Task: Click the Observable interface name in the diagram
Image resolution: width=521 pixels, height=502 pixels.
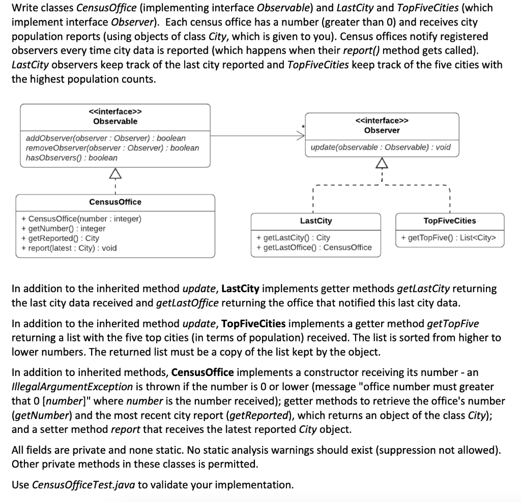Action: [x=115, y=121]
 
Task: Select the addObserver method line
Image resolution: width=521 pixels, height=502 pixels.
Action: [x=106, y=138]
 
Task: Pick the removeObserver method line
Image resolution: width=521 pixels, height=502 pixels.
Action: [x=112, y=148]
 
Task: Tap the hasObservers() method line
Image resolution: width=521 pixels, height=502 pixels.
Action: [x=71, y=158]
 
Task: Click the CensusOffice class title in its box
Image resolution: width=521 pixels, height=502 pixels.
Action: [x=115, y=202]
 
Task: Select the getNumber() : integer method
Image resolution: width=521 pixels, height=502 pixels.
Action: [x=64, y=229]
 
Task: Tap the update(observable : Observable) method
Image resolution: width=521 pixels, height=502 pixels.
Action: [x=381, y=147]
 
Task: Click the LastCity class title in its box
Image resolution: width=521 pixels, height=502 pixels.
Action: [x=315, y=221]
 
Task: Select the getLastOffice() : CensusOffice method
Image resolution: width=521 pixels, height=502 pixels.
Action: [x=314, y=247]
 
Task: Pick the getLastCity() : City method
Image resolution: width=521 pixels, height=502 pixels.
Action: [x=294, y=237]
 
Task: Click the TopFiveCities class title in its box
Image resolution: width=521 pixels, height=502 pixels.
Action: [x=450, y=221]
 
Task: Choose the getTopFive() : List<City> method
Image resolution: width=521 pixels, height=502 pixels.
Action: [x=448, y=237]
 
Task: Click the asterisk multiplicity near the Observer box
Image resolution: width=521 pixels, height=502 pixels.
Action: [x=303, y=126]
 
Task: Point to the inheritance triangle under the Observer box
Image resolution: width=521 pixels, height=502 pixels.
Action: [x=381, y=164]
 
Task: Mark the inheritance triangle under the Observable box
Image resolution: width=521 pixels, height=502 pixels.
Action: [x=115, y=174]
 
